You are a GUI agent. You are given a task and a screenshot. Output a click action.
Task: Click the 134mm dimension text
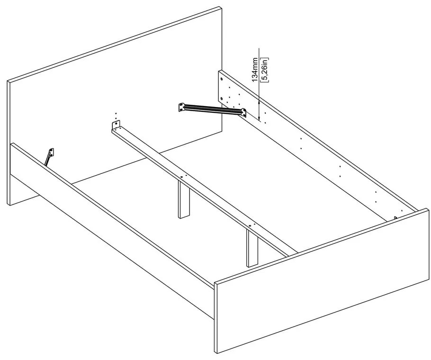(255, 70)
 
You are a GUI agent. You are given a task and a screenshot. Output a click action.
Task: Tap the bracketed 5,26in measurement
(265, 70)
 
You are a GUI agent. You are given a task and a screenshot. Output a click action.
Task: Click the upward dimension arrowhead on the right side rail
(260, 100)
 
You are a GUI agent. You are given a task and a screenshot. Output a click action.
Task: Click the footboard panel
(322, 279)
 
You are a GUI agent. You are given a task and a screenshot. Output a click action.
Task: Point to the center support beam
(204, 189)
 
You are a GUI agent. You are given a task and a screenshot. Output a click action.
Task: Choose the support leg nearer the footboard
(252, 249)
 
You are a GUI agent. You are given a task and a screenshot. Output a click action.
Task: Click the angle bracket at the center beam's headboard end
(116, 125)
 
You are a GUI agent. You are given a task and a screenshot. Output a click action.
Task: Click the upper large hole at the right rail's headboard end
(221, 78)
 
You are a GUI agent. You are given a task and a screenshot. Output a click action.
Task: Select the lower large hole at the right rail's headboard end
(221, 98)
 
